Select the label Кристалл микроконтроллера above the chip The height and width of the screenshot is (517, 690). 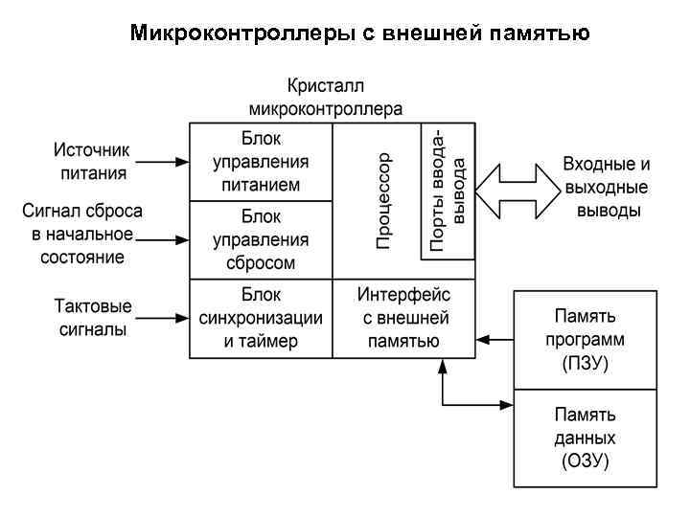point(325,97)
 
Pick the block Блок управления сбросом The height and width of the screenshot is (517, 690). point(261,239)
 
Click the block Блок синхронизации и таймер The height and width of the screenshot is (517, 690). point(261,318)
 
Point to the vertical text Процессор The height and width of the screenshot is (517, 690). point(382,200)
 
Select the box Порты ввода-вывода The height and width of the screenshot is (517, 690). point(448,191)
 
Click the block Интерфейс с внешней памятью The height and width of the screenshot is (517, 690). point(403,318)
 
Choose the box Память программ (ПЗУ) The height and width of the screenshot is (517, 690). point(585,339)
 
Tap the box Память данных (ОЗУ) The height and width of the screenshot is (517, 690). point(585,439)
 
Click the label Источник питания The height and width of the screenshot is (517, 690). point(91,162)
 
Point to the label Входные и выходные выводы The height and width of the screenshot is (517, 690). point(606,188)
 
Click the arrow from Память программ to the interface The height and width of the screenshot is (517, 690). point(495,338)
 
